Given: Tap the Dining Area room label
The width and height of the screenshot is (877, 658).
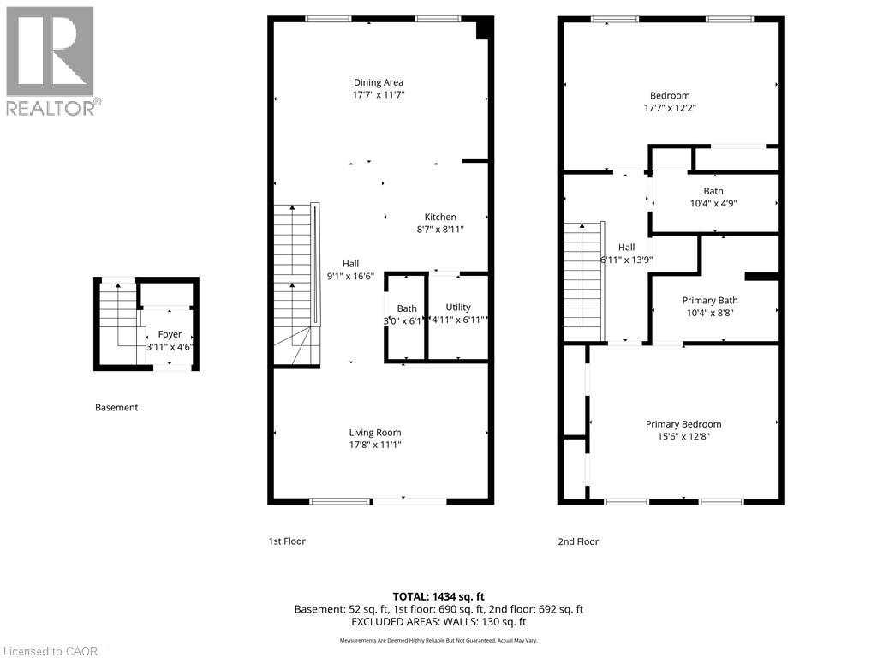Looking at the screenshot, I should coord(378,83).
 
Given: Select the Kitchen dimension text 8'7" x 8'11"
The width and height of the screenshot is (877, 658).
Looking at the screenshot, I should coord(440,230).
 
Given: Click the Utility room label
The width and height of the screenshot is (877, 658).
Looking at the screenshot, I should coord(458,307).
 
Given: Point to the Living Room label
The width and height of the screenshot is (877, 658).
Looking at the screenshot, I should coord(374,433).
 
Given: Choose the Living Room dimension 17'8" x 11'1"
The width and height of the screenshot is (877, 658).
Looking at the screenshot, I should coord(374,445).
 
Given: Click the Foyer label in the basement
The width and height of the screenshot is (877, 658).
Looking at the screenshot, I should coord(170,334).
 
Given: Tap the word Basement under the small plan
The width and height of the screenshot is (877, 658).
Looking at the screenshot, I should coord(116,408).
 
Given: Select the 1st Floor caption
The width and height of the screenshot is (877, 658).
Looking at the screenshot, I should coord(287,541).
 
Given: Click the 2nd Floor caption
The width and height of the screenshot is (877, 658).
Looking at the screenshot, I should coord(578,541).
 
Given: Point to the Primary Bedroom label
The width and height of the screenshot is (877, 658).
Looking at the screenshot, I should coord(683,424).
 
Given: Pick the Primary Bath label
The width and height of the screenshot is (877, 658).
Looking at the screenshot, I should coord(709,301).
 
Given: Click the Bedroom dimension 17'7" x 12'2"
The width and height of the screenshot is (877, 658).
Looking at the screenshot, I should coord(669,108).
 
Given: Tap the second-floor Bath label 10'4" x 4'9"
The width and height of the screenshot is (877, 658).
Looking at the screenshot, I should coord(713,191).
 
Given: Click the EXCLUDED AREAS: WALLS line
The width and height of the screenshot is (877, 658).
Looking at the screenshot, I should coord(438,622).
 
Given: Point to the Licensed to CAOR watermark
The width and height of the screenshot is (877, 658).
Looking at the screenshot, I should coord(50,651).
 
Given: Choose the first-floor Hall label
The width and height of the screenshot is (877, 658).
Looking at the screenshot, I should coord(351,264).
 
